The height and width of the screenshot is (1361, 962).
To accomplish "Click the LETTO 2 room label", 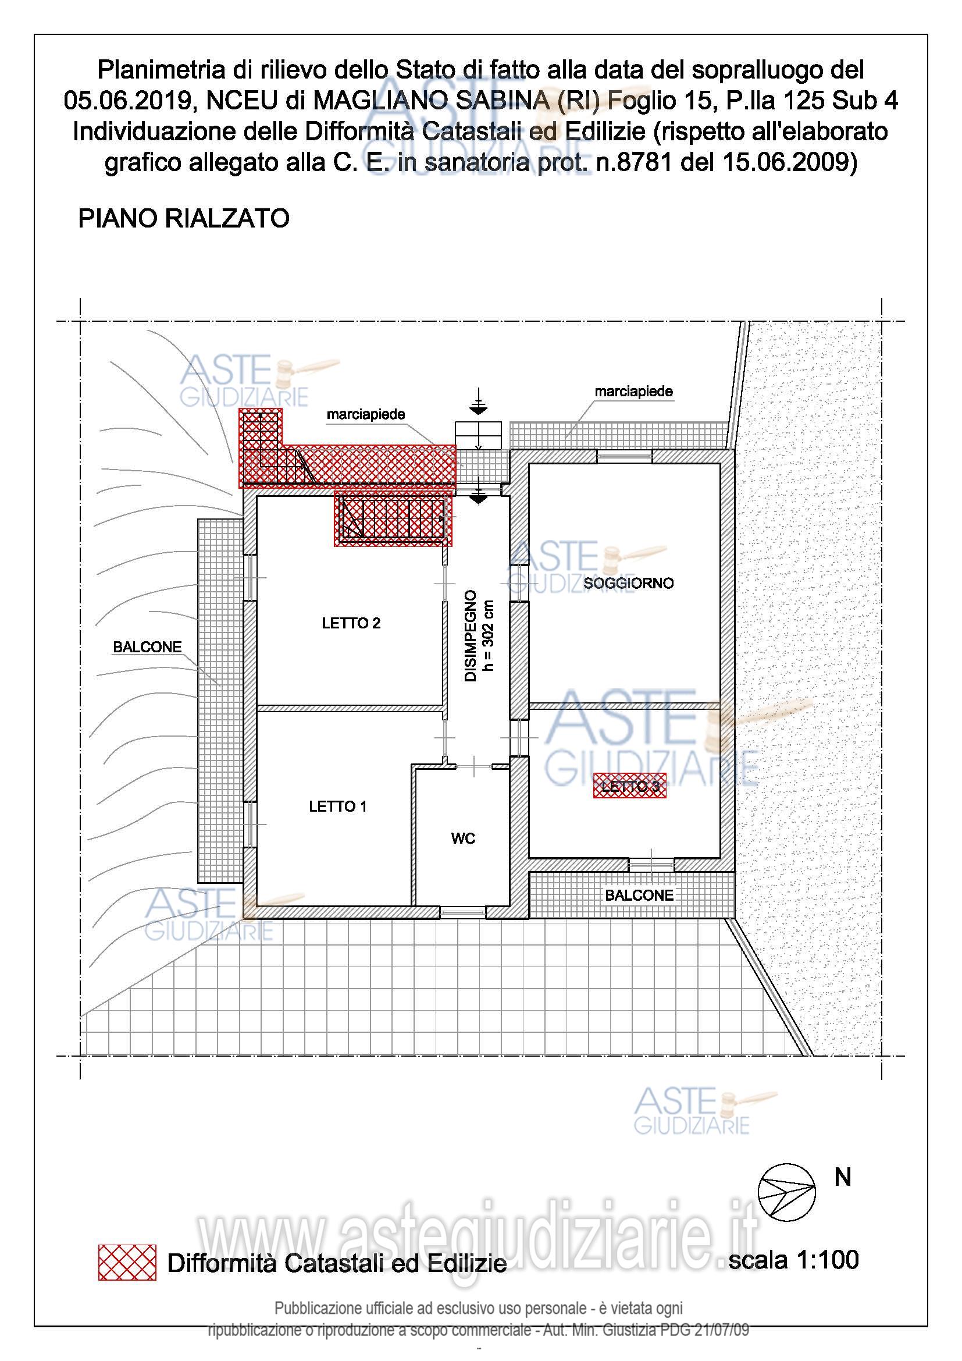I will point(351,623).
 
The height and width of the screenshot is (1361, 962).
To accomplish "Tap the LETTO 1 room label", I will point(338,806).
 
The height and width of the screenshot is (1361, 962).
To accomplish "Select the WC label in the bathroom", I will point(462,838).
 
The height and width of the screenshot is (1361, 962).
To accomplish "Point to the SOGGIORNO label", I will point(628,583).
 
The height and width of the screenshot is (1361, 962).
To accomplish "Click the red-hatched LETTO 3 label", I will point(630,787).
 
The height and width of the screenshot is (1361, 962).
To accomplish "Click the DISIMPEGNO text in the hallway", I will point(471,635).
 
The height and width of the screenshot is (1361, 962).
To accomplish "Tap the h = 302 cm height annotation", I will point(489,635).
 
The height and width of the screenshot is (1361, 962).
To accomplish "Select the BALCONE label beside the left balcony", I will point(147,647).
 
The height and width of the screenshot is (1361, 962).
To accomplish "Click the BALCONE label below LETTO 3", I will point(639,895).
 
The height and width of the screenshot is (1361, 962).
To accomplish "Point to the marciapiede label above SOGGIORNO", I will point(633,391).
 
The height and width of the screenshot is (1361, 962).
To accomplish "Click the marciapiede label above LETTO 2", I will point(365,414).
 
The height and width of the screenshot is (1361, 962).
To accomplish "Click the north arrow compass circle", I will point(787,1192).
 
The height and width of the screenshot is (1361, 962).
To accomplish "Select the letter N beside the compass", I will point(842,1177).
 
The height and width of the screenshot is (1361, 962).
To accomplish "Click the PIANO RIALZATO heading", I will point(184,219).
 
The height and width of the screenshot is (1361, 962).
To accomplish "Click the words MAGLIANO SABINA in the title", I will point(431,101).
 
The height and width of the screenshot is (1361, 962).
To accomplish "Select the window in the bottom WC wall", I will point(462,912).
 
